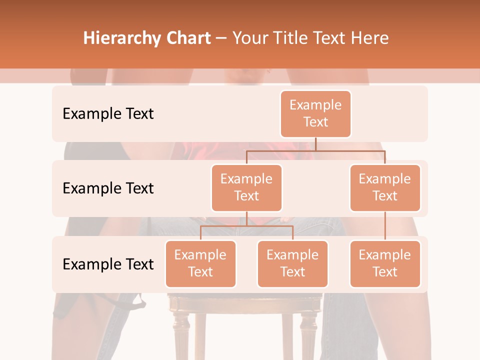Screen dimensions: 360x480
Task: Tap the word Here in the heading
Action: pos(370,38)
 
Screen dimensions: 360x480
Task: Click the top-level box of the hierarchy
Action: pos(315,113)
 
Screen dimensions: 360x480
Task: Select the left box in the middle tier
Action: pos(246,187)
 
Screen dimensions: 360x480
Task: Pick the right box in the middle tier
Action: pos(385,187)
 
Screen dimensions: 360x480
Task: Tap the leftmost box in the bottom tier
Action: pos(200,263)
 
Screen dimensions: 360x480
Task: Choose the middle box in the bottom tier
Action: pos(292,263)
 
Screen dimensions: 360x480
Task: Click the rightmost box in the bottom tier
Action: pos(385,263)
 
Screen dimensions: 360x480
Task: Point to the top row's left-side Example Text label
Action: pos(108,113)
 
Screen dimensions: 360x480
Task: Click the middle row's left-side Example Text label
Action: pos(108,188)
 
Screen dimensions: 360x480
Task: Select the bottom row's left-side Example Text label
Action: pos(108,264)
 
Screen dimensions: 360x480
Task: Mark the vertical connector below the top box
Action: pos(315,143)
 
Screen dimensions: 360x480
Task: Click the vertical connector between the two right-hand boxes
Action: pos(385,226)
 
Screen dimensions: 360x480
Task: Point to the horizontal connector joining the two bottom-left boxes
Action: pos(246,226)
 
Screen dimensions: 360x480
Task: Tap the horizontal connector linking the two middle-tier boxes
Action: pos(315,149)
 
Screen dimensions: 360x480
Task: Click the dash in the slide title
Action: pos(221,38)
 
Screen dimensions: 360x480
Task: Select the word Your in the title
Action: pos(250,38)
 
